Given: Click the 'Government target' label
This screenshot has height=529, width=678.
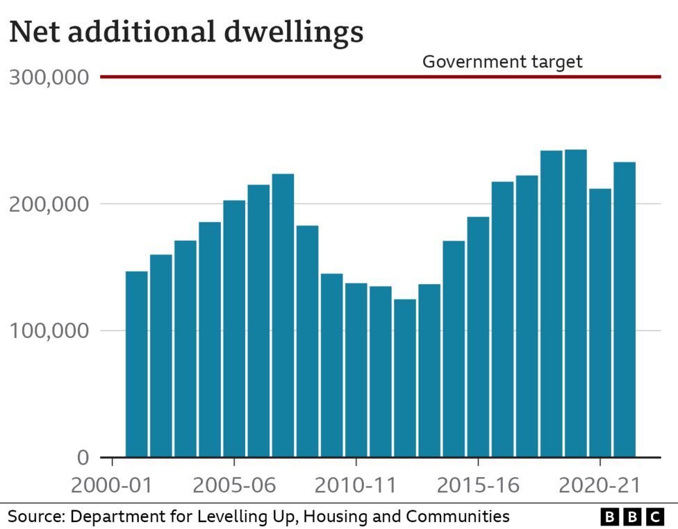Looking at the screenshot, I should [x=502, y=62].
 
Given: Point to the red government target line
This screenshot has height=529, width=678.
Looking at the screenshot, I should [x=278, y=76].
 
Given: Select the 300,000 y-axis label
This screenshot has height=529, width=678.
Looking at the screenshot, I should [x=49, y=77].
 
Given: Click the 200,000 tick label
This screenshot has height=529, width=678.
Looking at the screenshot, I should [x=49, y=204].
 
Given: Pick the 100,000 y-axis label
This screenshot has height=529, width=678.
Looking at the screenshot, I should [x=49, y=330].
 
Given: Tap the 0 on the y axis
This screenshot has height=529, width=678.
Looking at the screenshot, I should [x=83, y=457].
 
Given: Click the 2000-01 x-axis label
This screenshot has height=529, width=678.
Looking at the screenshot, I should [x=112, y=485].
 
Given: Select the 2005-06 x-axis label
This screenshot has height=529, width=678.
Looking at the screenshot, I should [x=233, y=485].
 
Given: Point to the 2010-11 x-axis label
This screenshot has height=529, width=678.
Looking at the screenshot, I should [x=356, y=485].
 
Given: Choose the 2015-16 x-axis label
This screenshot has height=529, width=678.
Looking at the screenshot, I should [x=478, y=485].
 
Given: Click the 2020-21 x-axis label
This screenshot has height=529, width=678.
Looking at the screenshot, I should [x=600, y=485].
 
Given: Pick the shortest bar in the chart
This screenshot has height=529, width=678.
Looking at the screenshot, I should [x=405, y=378].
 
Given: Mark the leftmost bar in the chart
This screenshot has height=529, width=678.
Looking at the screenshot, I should [x=136, y=364].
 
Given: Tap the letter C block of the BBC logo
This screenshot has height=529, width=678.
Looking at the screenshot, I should [x=654, y=517].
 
